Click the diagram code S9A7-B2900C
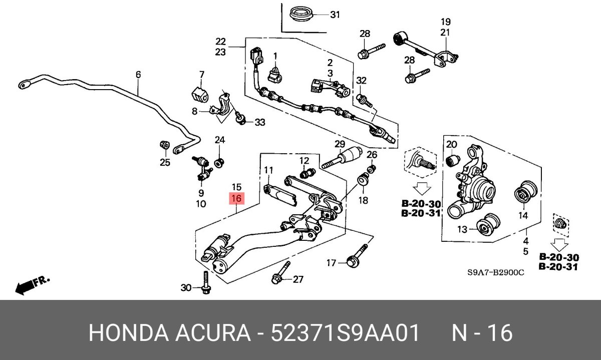coord(496,273)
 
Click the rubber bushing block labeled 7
coord(200,95)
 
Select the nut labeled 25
coord(163,146)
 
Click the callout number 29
coord(340,145)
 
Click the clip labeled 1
coord(275,73)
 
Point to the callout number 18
coord(363,200)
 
